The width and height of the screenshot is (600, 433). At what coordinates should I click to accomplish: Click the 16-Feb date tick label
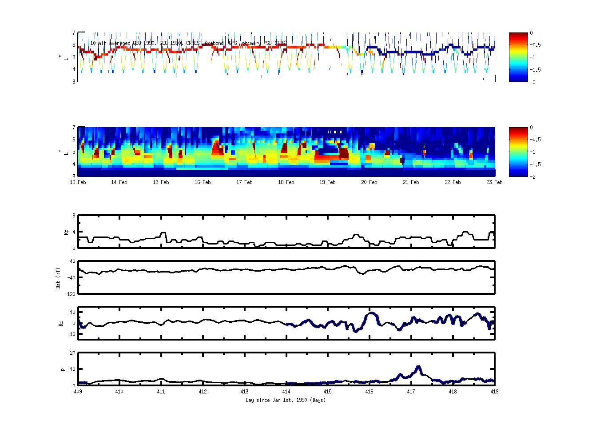(x=203, y=182)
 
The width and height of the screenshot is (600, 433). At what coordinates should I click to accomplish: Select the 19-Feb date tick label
(x=328, y=182)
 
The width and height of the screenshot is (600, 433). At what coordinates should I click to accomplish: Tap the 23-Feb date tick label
(x=494, y=182)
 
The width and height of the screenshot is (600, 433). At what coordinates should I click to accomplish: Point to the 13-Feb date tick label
(x=78, y=182)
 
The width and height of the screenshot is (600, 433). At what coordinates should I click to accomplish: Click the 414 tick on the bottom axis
(x=286, y=392)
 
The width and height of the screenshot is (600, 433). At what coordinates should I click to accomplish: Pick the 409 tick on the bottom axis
(x=78, y=392)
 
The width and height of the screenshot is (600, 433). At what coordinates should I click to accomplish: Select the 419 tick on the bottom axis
(x=494, y=392)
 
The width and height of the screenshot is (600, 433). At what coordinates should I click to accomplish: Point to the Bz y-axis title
(x=61, y=324)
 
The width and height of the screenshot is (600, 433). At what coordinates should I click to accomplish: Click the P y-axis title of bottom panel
(x=63, y=369)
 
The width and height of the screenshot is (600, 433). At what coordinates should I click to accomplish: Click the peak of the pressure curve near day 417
(x=418, y=367)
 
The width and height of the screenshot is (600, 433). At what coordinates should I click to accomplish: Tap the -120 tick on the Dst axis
(x=70, y=294)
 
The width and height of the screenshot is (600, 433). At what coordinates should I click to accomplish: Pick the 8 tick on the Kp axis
(x=73, y=216)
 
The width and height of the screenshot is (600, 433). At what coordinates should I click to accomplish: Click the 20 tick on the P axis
(x=72, y=353)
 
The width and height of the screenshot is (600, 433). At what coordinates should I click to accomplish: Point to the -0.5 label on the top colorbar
(x=536, y=45)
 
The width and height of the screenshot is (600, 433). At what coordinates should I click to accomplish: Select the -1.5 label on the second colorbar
(x=536, y=164)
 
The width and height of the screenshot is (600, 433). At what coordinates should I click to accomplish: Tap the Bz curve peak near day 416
(x=371, y=313)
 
